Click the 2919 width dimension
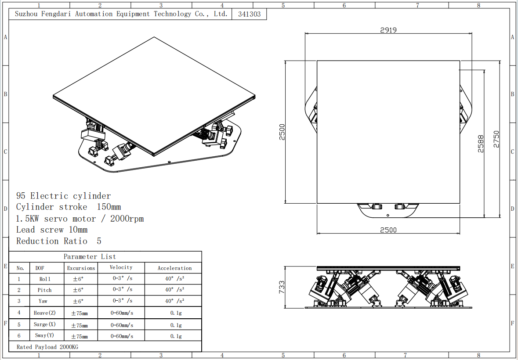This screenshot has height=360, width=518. click(388, 30)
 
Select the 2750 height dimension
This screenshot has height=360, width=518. click(496, 139)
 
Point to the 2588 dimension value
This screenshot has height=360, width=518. click(481, 144)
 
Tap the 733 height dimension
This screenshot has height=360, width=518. click(282, 287)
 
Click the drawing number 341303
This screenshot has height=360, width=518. click(250, 14)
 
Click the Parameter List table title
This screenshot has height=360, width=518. click(90, 257)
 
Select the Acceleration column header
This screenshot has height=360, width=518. click(174, 268)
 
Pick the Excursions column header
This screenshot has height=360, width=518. click(81, 268)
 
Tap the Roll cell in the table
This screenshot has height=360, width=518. click(45, 279)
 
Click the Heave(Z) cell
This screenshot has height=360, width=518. click(45, 313)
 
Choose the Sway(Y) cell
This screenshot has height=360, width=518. click(44, 335)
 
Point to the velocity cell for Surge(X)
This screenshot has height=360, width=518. click(122, 325)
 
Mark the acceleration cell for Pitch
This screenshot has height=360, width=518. click(175, 290)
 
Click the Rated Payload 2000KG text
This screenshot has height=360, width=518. click(47, 347)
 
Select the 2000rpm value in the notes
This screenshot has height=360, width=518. click(127, 219)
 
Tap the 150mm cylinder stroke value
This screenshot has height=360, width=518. click(109, 207)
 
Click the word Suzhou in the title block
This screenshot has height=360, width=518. click(26, 14)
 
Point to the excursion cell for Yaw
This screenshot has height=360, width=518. click(78, 301)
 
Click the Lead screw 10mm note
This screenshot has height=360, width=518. click(52, 230)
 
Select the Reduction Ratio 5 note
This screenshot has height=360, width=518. click(59, 241)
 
